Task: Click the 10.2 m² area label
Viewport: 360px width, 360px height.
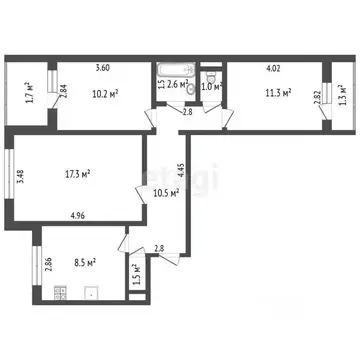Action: click(x=107, y=95)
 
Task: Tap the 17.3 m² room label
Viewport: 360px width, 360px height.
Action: click(x=76, y=174)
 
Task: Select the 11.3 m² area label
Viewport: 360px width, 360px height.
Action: click(x=277, y=93)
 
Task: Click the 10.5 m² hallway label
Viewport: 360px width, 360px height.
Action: click(x=166, y=193)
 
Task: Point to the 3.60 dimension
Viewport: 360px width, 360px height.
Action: click(x=102, y=68)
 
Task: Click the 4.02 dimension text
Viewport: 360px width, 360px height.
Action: click(x=272, y=68)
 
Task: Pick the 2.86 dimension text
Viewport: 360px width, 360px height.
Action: click(x=48, y=264)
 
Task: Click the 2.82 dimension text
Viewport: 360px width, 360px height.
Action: click(x=318, y=98)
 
